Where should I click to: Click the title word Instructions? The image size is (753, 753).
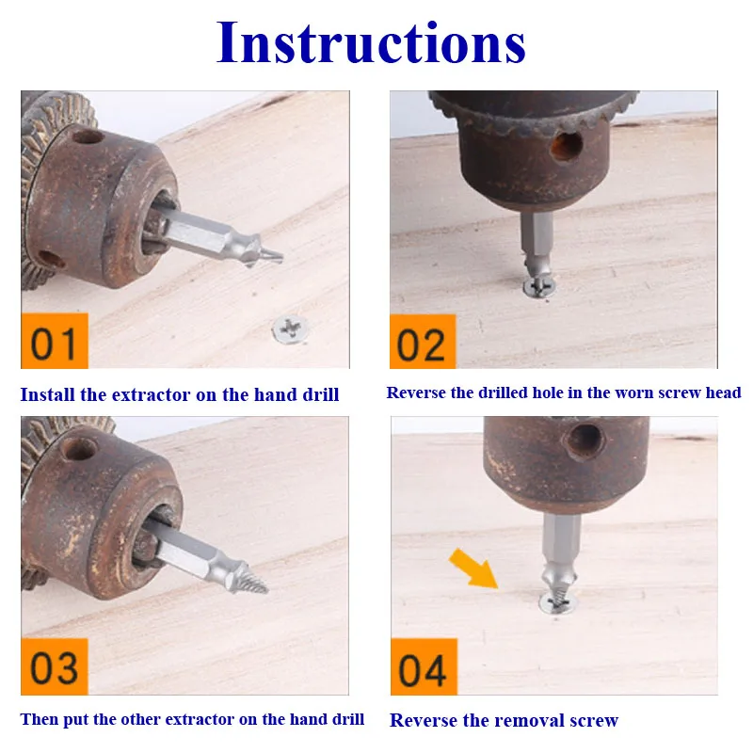[371, 42]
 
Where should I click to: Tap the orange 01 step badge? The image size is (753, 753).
[55, 341]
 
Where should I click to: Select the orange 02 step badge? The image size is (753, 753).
[423, 342]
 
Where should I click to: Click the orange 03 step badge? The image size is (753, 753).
[55, 666]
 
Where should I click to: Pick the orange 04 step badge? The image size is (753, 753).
[424, 667]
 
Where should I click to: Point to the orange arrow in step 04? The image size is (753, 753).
[473, 569]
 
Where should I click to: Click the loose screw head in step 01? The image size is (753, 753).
[290, 329]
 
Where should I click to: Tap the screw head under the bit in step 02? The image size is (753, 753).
[538, 287]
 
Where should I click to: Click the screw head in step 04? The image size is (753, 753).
[558, 603]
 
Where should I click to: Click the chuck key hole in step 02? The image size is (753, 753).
[567, 146]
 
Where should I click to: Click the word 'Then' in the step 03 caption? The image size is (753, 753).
[40, 719]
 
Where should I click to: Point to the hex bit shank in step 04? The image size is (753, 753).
[560, 540]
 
